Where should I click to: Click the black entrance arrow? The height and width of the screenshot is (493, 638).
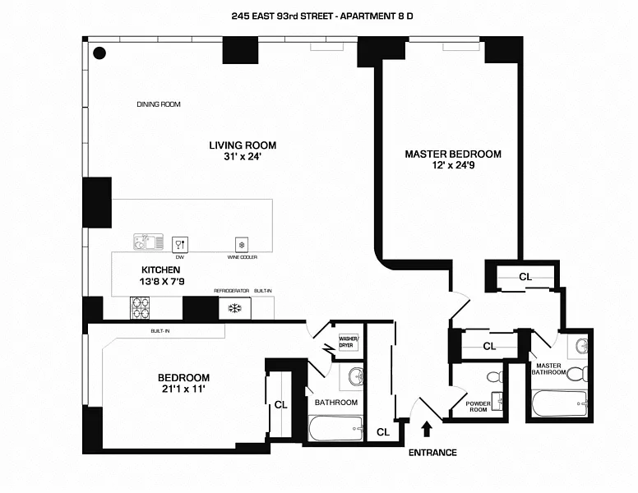426,430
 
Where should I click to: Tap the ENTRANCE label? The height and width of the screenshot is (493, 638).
432,453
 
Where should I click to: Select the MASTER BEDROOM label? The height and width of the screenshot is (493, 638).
452,154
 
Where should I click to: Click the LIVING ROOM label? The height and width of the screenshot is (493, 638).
235,145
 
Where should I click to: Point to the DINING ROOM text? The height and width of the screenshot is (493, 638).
158,104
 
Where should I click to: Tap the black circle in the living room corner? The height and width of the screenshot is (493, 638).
99,54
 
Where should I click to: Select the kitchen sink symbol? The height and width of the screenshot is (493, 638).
149,242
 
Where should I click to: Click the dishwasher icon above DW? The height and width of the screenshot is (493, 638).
179,243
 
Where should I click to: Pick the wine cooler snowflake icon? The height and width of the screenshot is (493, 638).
242,244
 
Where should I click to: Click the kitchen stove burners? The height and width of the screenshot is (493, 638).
141,307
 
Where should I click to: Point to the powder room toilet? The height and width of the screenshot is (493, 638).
494,378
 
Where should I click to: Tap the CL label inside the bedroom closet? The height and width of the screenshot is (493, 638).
280,404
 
